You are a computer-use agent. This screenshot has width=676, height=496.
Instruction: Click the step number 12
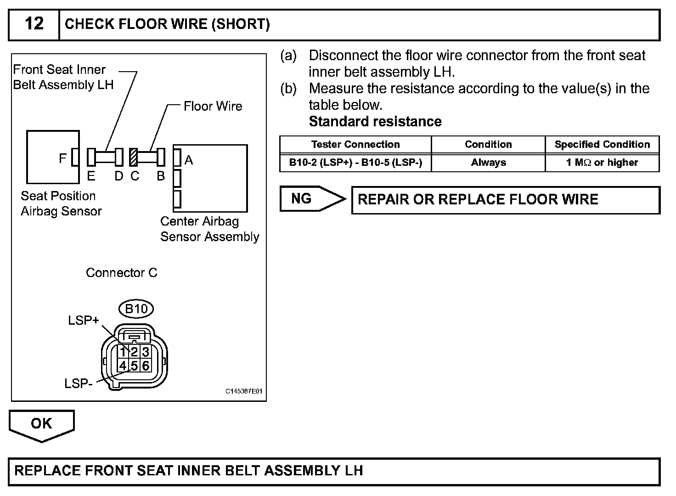(x=34, y=24)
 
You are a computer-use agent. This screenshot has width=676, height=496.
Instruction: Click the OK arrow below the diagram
(x=41, y=424)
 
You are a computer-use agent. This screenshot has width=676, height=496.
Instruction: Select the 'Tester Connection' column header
(x=355, y=145)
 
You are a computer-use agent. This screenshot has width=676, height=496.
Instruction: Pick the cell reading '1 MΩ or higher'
(x=602, y=163)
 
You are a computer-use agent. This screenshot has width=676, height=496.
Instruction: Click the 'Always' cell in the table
(x=488, y=163)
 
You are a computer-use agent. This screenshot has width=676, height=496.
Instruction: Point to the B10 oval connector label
(x=136, y=309)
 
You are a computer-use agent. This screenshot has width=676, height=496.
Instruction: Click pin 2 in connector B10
(x=134, y=352)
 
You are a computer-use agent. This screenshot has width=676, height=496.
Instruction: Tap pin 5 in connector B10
(x=134, y=366)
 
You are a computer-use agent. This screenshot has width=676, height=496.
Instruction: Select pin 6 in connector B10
(x=145, y=366)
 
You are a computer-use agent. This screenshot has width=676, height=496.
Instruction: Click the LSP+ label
(x=83, y=321)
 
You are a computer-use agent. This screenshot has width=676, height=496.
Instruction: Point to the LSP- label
(x=79, y=383)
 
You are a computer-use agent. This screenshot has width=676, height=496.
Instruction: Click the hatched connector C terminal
(x=134, y=157)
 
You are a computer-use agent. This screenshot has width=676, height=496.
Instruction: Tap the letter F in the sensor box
(x=63, y=158)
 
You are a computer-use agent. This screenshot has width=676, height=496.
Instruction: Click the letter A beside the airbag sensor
(x=189, y=160)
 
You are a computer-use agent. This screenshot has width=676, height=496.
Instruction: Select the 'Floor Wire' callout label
(x=213, y=107)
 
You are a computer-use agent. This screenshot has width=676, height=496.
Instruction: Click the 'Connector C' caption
(x=121, y=273)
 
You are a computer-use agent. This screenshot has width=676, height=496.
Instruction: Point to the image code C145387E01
(x=243, y=391)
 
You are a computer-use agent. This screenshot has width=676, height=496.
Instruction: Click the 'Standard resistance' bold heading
(x=375, y=122)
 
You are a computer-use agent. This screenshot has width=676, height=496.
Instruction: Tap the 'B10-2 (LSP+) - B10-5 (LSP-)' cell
(x=355, y=163)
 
